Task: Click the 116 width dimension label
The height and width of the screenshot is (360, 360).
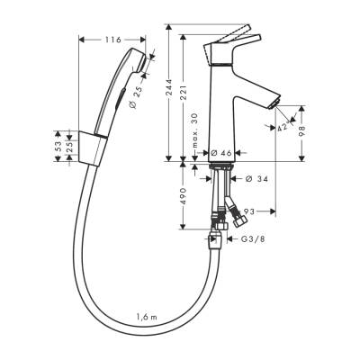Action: [112, 40]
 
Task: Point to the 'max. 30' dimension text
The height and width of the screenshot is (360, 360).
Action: [195, 130]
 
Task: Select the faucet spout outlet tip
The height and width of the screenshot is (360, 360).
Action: [271, 107]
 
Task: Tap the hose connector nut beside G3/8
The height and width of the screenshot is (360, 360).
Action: [216, 240]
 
